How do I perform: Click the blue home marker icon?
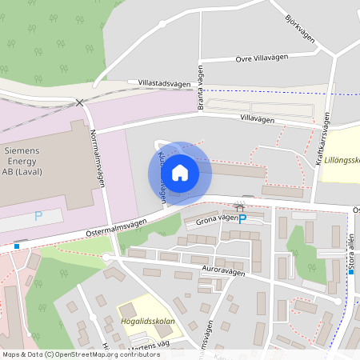(180, 172)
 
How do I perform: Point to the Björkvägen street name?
(299, 30)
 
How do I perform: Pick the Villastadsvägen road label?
(164, 83)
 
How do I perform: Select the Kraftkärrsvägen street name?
(325, 138)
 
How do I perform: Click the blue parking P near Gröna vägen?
(243, 218)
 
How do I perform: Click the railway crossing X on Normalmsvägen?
(78, 102)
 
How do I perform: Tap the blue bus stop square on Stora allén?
(350, 272)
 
